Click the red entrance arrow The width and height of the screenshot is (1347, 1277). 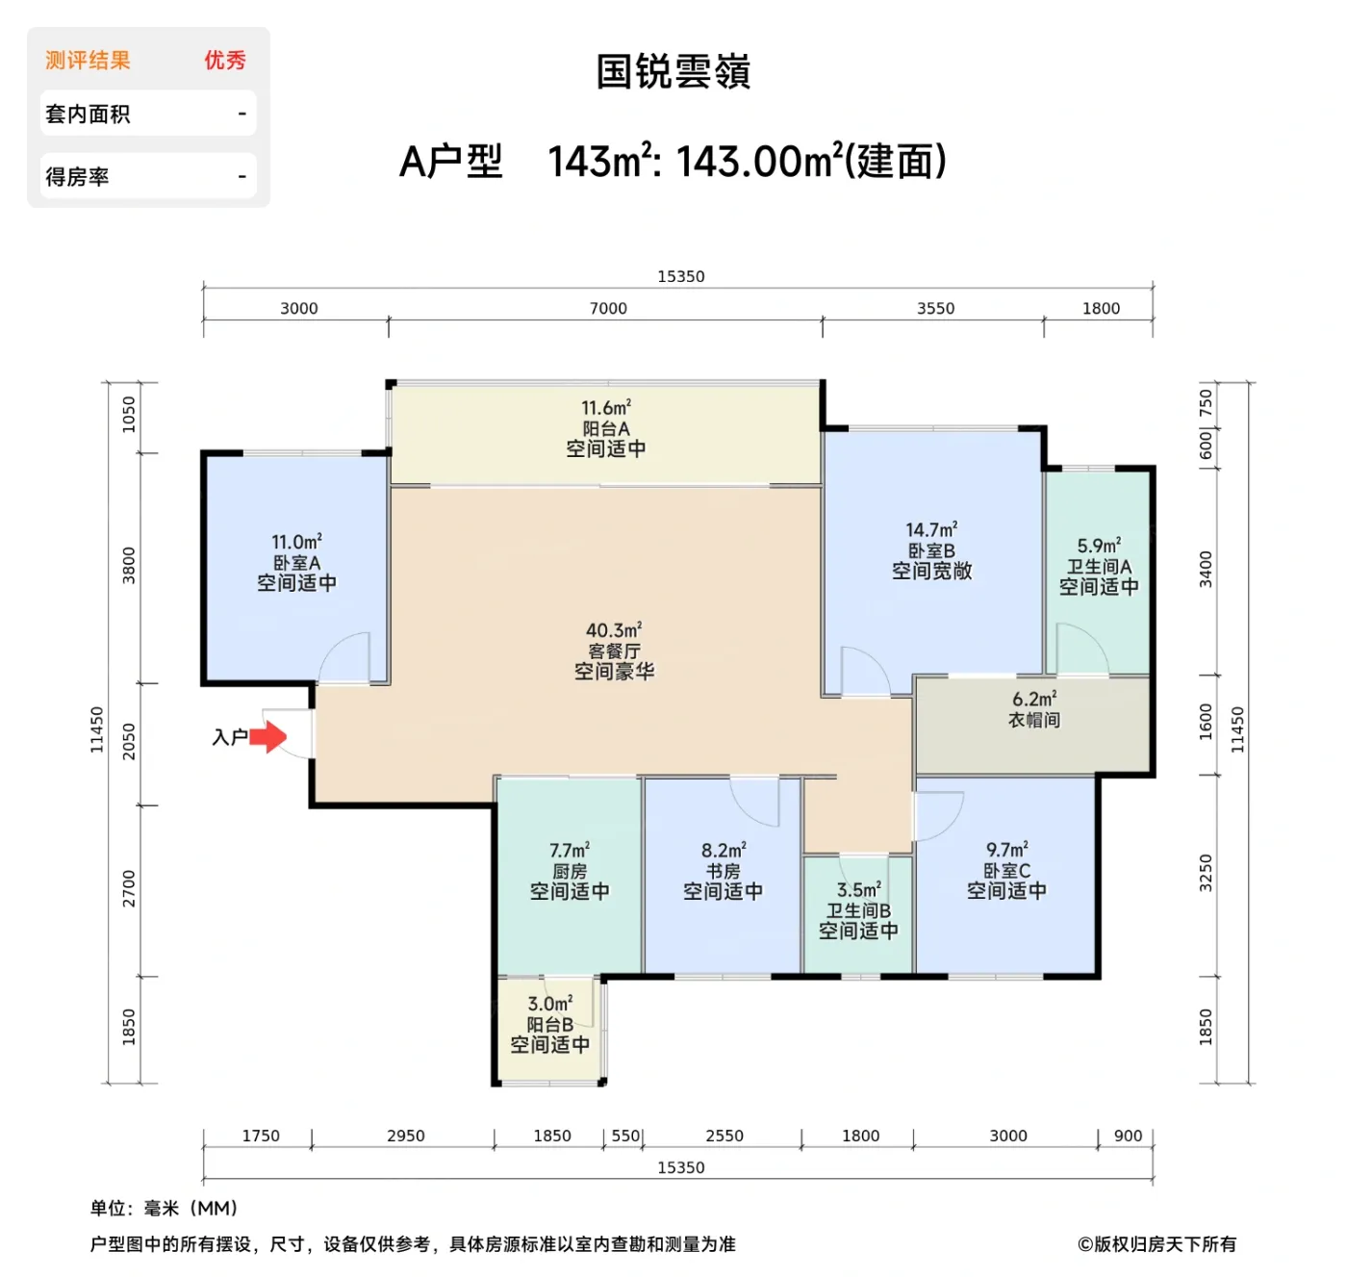(x=268, y=737)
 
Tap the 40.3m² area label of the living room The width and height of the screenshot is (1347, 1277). (x=614, y=630)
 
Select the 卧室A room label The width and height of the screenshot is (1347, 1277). (x=296, y=563)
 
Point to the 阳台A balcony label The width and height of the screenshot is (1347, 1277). (x=606, y=429)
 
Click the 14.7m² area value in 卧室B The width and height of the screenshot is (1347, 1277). (x=931, y=529)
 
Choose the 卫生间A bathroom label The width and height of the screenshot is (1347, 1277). (x=1099, y=567)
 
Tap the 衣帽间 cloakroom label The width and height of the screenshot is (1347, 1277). (x=1034, y=720)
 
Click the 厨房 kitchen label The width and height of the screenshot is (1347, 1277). (x=570, y=871)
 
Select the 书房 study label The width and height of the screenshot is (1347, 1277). (x=723, y=871)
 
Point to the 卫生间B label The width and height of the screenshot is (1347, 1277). (x=858, y=910)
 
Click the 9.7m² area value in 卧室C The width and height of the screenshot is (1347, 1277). (x=1006, y=850)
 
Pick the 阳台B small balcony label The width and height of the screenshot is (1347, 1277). (x=549, y=1025)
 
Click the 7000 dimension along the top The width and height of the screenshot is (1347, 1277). (x=608, y=308)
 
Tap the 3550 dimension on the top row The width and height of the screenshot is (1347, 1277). (x=935, y=308)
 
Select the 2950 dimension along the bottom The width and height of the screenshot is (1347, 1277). (x=405, y=1136)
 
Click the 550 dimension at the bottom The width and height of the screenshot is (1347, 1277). (x=625, y=1136)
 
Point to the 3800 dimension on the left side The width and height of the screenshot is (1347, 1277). (x=129, y=565)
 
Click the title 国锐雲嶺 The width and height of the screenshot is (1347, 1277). (x=673, y=72)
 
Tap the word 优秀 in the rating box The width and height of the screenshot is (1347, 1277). (x=224, y=61)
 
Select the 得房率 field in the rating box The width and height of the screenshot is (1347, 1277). (x=77, y=177)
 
